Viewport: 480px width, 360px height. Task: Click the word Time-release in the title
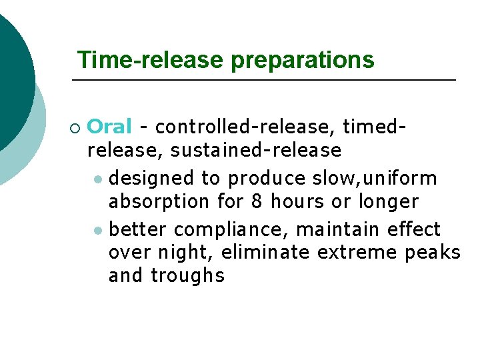pos(151,60)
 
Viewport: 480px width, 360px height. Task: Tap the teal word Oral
pos(109,126)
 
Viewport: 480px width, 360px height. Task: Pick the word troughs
pos(187,275)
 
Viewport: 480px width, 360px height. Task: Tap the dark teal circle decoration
pos(10,73)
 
